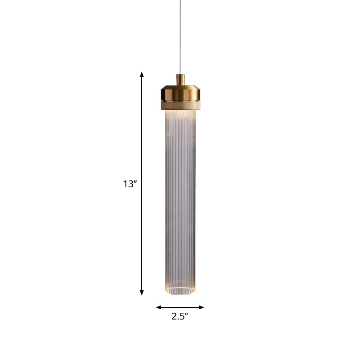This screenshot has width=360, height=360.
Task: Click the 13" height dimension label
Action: [x=130, y=184]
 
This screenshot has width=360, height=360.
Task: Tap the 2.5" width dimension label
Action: [x=180, y=316]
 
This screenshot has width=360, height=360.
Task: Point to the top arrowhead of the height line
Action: [x=142, y=75]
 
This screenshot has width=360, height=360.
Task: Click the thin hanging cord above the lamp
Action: [x=180, y=36]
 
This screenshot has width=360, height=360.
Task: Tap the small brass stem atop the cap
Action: [x=180, y=80]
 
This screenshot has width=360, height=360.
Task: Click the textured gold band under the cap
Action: [x=180, y=105]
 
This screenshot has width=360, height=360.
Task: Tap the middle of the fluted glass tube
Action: [x=180, y=202]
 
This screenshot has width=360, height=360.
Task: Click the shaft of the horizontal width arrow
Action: [x=180, y=307]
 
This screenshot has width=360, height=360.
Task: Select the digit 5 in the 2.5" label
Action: [x=181, y=316]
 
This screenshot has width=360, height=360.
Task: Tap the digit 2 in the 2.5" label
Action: [x=174, y=316]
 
